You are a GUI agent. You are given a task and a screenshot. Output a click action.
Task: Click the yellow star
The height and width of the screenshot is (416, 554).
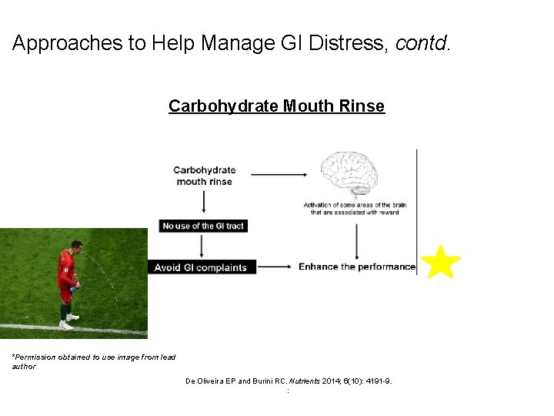point(441,262)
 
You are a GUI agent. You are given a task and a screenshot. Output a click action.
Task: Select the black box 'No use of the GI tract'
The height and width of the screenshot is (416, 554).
point(203,226)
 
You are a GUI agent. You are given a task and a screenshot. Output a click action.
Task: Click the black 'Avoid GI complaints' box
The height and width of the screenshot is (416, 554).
point(201,267)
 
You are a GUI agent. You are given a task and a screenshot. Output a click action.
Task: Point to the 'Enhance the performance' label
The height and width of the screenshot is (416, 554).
point(356,267)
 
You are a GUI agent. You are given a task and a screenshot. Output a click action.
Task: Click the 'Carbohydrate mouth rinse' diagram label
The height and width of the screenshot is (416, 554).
point(205,176)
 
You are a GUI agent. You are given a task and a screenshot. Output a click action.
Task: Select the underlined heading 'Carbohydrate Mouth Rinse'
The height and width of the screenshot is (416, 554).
point(276,106)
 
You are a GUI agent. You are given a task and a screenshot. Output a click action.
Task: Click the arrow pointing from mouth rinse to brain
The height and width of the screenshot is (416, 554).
point(279,175)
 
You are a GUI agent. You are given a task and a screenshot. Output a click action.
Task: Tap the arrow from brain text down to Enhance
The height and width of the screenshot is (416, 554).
point(356,238)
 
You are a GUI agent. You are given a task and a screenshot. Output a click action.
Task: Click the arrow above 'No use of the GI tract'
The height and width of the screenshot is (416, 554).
point(204,202)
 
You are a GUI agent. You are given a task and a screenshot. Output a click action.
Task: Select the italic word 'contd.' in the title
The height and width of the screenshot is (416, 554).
point(422,44)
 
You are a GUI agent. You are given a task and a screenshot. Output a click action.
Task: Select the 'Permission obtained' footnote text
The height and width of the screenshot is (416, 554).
point(93,361)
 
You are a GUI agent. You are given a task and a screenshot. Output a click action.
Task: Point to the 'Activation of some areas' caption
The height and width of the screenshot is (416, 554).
point(355,209)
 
